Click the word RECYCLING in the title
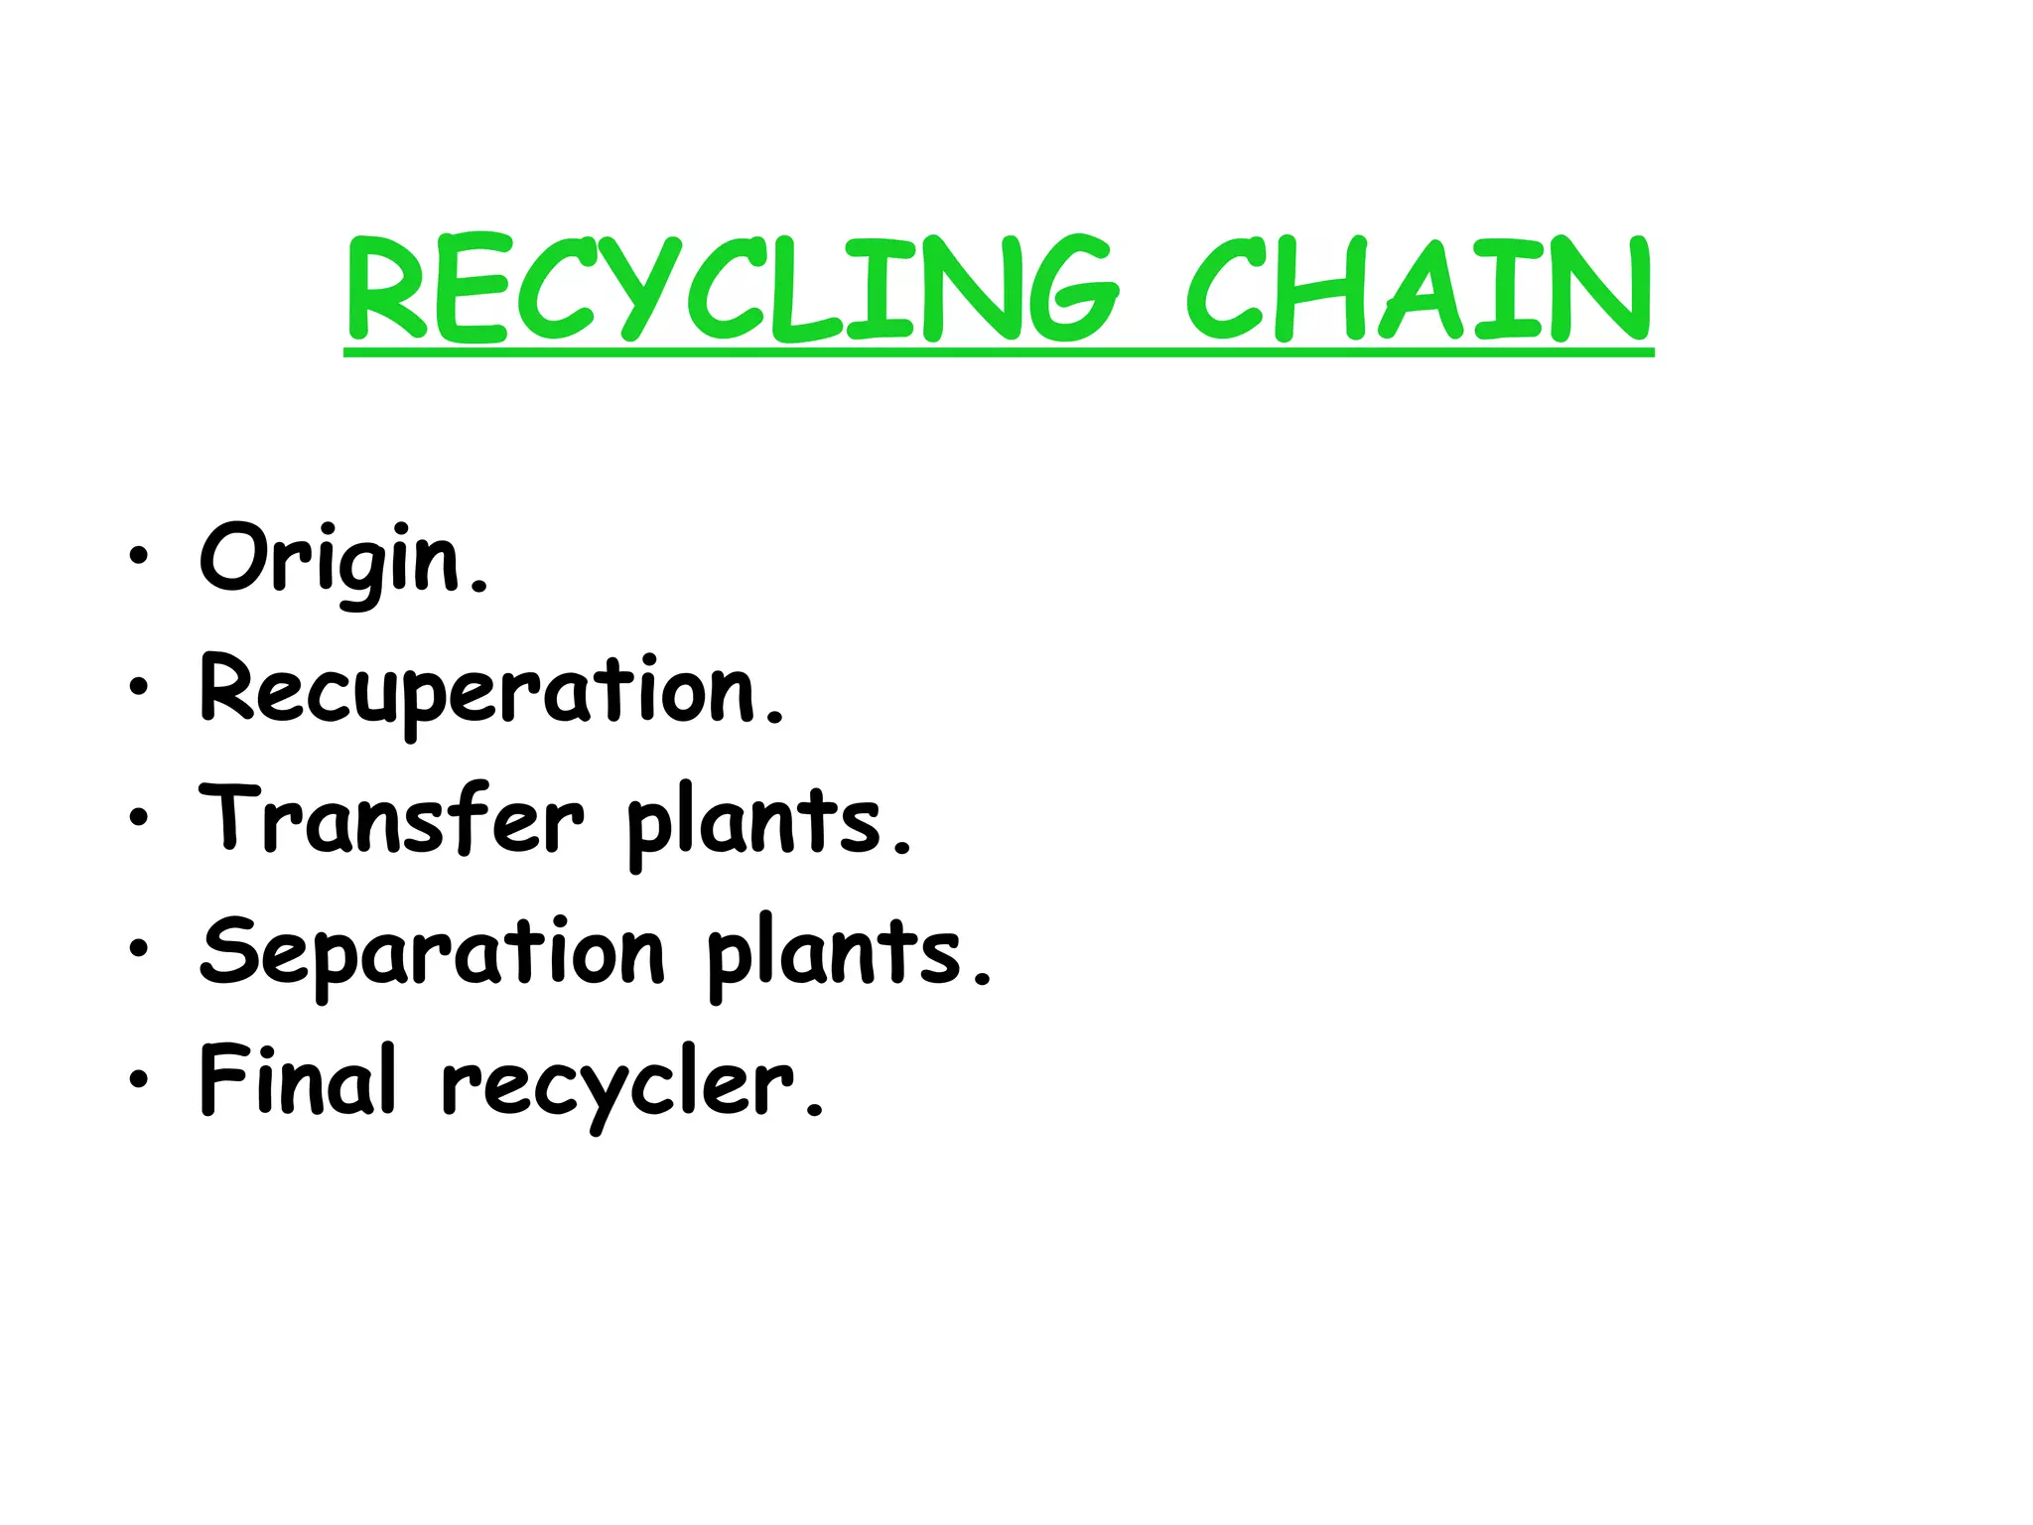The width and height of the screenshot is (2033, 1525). point(733,289)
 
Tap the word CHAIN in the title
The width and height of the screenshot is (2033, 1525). point(1420,289)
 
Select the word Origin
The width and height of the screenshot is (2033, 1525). point(331,559)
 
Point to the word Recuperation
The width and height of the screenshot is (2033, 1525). point(478,690)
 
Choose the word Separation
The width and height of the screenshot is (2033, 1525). point(432,952)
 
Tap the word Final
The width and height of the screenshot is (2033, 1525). point(298,1080)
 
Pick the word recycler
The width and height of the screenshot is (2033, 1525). point(617,1084)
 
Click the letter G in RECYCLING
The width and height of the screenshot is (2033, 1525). point(1068,289)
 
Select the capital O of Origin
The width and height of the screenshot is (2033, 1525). point(234,557)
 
